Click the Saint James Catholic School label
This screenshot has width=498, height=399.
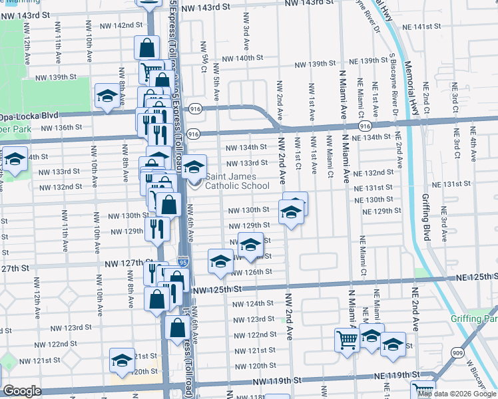pyautogui.click(x=238, y=181)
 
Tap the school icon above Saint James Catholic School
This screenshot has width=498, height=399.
pyautogui.click(x=194, y=166)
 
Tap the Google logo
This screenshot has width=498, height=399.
pyautogui.click(x=22, y=392)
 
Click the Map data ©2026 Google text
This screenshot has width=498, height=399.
pyautogui.click(x=457, y=394)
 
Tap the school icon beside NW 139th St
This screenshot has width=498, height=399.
pyautogui.click(x=107, y=96)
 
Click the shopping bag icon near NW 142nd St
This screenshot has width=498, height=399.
pyautogui.click(x=146, y=47)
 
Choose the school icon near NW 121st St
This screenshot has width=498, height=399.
pyautogui.click(x=122, y=361)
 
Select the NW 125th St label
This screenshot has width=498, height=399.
pyautogui.click(x=214, y=290)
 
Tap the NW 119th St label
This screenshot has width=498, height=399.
pyautogui.click(x=274, y=382)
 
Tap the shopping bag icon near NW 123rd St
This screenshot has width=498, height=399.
pyautogui.click(x=178, y=328)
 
